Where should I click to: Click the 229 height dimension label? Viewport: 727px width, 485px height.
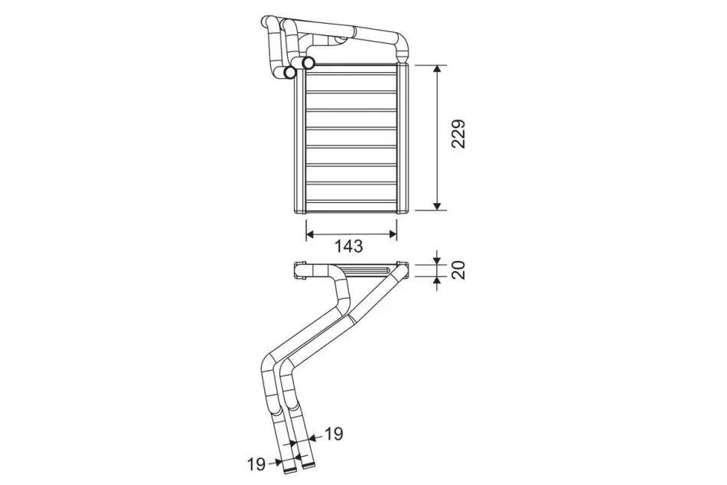458,134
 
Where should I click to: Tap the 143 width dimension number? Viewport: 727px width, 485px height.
349,246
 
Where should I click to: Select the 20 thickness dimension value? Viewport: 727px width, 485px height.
458,270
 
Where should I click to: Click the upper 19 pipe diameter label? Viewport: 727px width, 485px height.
334,434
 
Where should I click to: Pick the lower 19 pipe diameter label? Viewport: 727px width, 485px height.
256,464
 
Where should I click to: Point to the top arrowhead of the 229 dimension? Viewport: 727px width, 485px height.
437,69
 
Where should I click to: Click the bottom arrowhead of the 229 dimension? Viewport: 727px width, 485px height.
437,205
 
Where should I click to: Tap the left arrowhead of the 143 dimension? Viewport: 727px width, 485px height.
311,234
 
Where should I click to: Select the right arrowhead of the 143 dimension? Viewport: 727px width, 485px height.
393,234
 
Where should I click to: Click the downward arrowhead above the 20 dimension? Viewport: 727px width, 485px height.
437,260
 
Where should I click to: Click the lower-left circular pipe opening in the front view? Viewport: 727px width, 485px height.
290,72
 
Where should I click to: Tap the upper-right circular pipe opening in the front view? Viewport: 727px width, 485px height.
308,62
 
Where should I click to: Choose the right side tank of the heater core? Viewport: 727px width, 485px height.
403,139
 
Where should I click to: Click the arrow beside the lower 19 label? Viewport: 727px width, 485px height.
275,462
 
